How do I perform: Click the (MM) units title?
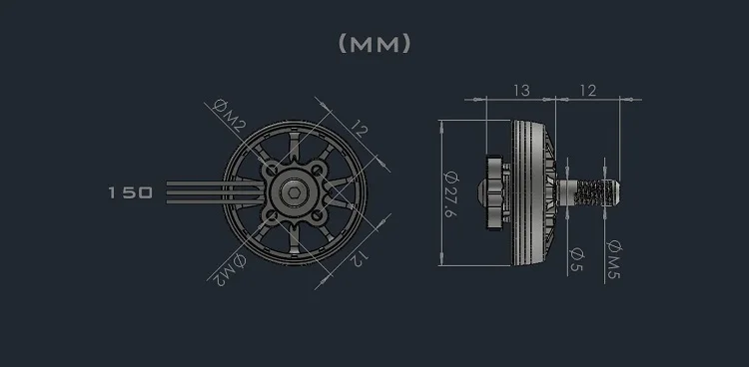click(x=374, y=44)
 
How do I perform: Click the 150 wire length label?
click(x=131, y=191)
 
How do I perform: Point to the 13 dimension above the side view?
click(x=520, y=91)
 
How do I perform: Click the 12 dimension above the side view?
click(x=587, y=91)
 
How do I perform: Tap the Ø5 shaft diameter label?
click(x=576, y=259)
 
